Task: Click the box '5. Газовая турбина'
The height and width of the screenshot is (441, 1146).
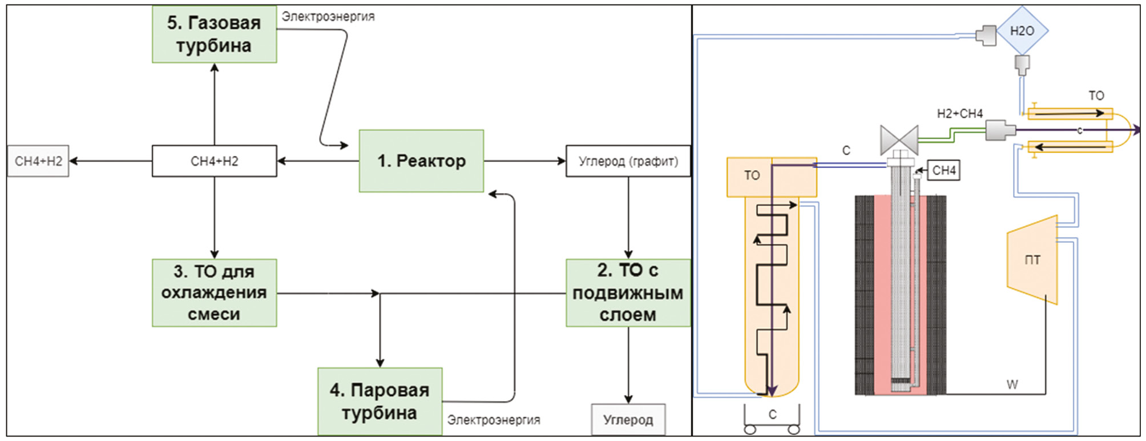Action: tap(214, 34)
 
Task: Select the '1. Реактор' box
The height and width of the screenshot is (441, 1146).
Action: tap(421, 161)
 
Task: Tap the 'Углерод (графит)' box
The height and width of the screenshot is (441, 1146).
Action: tap(628, 161)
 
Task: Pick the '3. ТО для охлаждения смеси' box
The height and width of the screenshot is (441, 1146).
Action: tap(214, 292)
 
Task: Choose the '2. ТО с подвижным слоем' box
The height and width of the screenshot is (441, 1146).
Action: tap(628, 292)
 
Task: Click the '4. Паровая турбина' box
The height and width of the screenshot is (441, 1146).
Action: tap(380, 401)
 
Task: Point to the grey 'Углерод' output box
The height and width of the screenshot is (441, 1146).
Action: tap(628, 420)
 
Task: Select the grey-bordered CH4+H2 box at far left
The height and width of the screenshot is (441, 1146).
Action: tap(38, 161)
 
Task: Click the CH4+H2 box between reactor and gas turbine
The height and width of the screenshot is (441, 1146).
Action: tap(214, 161)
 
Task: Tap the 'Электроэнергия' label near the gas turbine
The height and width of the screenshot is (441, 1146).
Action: tap(328, 17)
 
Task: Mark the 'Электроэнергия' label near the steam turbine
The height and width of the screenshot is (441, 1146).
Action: tap(493, 420)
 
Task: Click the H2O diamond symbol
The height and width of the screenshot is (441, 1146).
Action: tap(1022, 31)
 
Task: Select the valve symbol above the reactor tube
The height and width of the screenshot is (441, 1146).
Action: tap(899, 140)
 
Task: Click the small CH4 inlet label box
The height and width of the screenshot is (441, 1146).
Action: tap(944, 170)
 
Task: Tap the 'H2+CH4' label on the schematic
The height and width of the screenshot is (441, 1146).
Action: tap(959, 114)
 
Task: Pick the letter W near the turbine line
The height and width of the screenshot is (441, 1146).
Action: tap(1012, 384)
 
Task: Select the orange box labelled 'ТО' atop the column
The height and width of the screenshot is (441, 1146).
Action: tap(752, 176)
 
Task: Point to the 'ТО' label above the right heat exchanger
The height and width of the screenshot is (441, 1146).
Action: tap(1096, 95)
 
